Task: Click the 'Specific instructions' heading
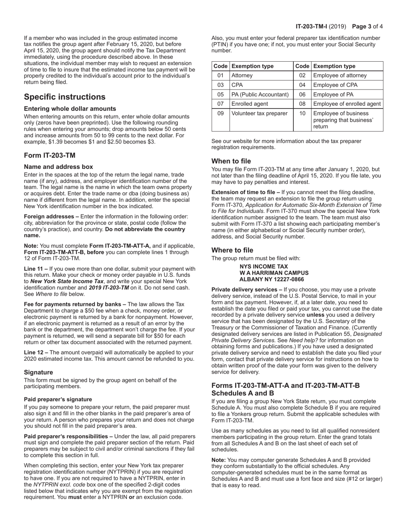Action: click(x=64, y=97)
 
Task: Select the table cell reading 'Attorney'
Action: click(x=242, y=75)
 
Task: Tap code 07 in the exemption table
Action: click(x=220, y=104)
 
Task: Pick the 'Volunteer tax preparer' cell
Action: click(x=258, y=114)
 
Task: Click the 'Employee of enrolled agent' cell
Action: click(x=346, y=104)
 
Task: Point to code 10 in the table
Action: click(x=302, y=114)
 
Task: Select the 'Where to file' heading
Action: click(x=232, y=250)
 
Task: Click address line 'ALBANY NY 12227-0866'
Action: click(x=272, y=279)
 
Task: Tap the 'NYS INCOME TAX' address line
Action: click(x=263, y=266)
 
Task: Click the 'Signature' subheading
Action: click(x=39, y=372)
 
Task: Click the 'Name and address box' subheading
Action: click(x=58, y=167)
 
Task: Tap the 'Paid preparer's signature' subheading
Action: click(x=58, y=399)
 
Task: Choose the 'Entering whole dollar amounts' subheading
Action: click(x=70, y=108)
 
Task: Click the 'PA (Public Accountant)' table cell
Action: click(x=260, y=94)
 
